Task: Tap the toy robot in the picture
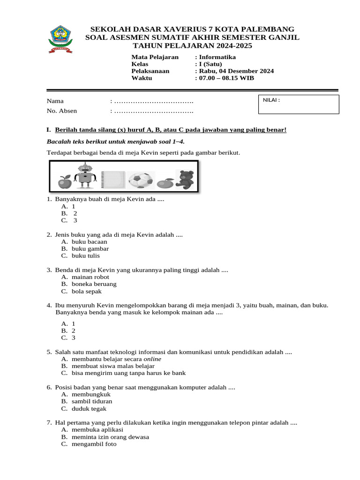click(85, 176)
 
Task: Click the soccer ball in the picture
click(141, 180)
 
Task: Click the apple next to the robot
click(64, 182)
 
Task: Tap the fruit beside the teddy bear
click(165, 183)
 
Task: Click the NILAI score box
click(299, 105)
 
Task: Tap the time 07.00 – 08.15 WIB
click(226, 78)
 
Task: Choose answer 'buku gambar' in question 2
click(90, 249)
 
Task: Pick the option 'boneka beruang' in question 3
click(94, 284)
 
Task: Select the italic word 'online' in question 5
click(152, 359)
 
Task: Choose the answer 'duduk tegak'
click(89, 408)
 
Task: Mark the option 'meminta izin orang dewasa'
click(110, 437)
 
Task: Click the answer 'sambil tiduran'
click(92, 401)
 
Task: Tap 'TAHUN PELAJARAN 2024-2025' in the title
click(192, 45)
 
